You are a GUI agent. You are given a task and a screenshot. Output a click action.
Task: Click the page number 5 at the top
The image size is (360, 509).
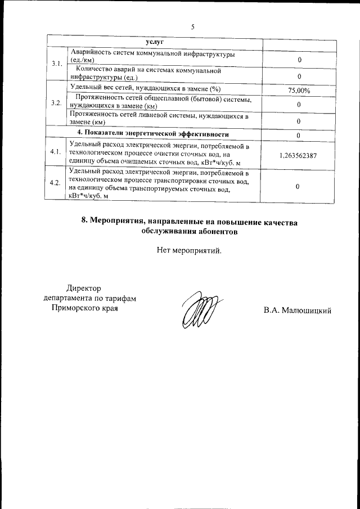193,27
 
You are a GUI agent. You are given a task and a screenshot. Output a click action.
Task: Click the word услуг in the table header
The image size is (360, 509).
154,42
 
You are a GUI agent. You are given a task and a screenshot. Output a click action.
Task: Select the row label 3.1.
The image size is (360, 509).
56,65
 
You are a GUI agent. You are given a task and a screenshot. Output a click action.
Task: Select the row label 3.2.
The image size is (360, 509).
56,103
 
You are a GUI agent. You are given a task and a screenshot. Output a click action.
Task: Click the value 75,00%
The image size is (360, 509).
299,90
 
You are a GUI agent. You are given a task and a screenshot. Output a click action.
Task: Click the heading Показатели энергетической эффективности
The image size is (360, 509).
156,134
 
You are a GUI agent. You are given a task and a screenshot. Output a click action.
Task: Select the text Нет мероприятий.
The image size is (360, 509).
189,250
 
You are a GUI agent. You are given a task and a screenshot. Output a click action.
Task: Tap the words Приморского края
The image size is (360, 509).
84,308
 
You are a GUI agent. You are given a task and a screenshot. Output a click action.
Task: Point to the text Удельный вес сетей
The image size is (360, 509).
103,88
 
